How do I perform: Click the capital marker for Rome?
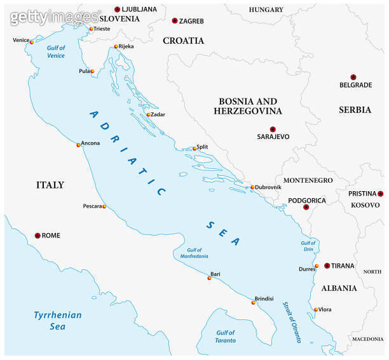(38, 236)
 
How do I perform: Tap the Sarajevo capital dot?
(273, 129)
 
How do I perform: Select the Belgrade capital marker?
(354, 77)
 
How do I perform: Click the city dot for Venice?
(32, 42)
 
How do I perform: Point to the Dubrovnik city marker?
(252, 187)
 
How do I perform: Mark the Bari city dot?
(209, 278)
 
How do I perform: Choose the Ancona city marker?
(79, 145)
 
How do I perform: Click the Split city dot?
(194, 149)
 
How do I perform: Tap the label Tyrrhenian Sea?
(57, 321)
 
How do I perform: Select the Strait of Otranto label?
(291, 321)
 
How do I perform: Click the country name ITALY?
(50, 185)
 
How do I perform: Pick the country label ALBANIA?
(339, 288)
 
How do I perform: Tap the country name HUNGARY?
(266, 10)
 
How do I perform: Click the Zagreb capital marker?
(175, 21)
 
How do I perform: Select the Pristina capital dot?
(380, 194)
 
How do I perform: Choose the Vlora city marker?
(315, 310)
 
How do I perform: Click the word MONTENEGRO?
(308, 180)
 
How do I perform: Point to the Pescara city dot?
(104, 206)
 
